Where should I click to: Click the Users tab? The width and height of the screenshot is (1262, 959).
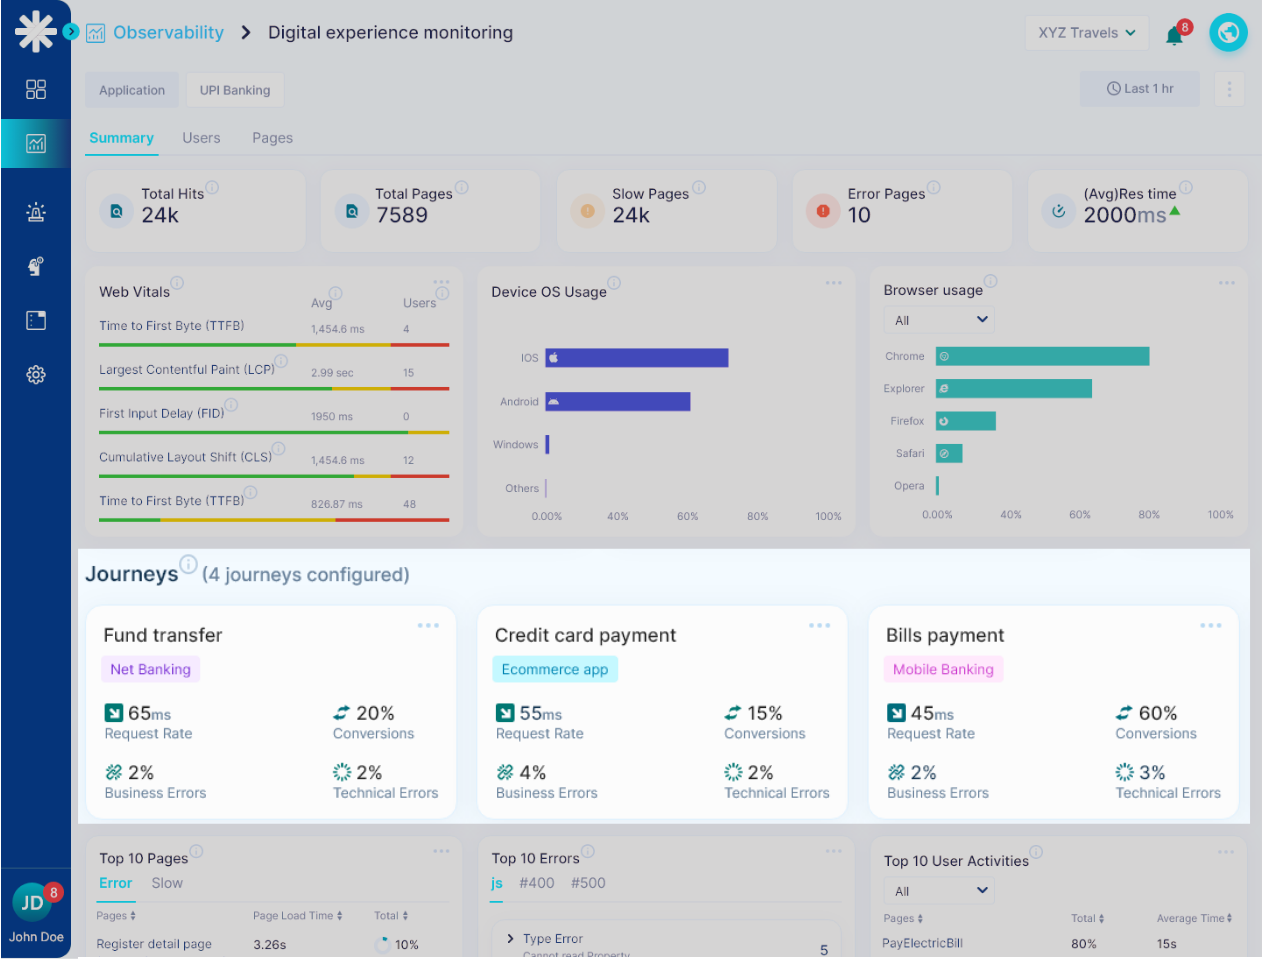tap(201, 138)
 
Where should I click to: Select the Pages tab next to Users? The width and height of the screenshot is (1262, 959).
tap(272, 138)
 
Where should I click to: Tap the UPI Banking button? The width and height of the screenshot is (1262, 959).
tap(235, 90)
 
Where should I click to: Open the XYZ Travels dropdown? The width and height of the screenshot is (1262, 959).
tap(1086, 33)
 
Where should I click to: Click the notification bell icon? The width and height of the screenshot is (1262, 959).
tap(1175, 36)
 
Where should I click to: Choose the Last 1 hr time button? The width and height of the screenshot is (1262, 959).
tap(1140, 89)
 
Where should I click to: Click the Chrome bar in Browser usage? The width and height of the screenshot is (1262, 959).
tap(1042, 356)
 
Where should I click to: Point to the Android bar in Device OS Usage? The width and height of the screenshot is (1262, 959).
tap(617, 401)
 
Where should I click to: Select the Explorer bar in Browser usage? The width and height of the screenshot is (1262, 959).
tap(1013, 388)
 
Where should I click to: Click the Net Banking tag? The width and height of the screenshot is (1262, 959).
tap(150, 669)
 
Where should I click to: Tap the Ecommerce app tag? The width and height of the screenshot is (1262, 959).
tap(554, 669)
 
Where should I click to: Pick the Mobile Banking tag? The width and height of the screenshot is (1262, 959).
tap(943, 669)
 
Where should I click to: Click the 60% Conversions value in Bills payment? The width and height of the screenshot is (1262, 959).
tap(1157, 713)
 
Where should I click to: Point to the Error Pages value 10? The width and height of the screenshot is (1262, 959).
tap(859, 215)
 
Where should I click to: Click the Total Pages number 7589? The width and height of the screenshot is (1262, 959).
tap(402, 215)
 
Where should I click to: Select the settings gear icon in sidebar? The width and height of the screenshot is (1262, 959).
tap(36, 375)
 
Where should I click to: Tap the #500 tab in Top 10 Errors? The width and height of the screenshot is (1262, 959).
tap(588, 883)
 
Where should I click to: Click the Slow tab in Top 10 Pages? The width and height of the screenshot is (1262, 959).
tap(167, 883)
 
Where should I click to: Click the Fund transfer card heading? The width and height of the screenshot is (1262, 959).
tap(163, 635)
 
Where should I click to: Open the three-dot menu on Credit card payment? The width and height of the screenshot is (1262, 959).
tap(819, 625)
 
